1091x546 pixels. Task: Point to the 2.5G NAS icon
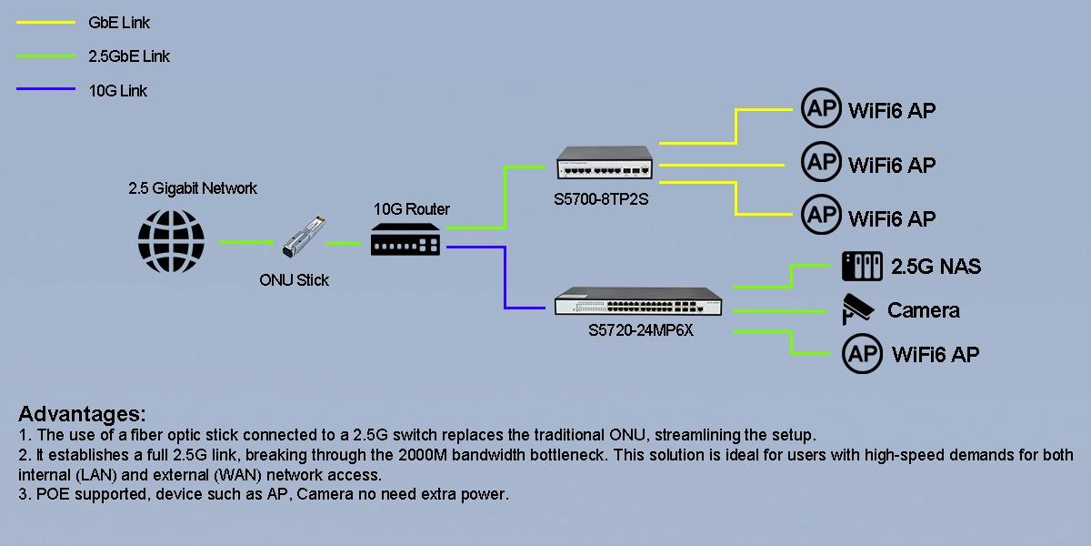[x=862, y=267]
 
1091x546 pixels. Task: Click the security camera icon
[x=859, y=309]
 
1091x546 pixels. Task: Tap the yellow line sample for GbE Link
[x=45, y=23]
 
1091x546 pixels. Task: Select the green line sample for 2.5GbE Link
[x=45, y=56]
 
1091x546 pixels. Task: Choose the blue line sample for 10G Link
[x=45, y=90]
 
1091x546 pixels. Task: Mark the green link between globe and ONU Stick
[x=245, y=242]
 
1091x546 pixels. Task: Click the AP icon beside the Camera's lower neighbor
[x=862, y=354]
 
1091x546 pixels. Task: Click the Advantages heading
[x=82, y=413]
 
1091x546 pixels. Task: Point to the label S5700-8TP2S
[x=601, y=199]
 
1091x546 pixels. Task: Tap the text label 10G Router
[x=412, y=209]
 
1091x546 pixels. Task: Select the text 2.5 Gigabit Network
[x=193, y=188]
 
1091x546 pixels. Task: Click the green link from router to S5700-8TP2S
[x=504, y=197]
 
